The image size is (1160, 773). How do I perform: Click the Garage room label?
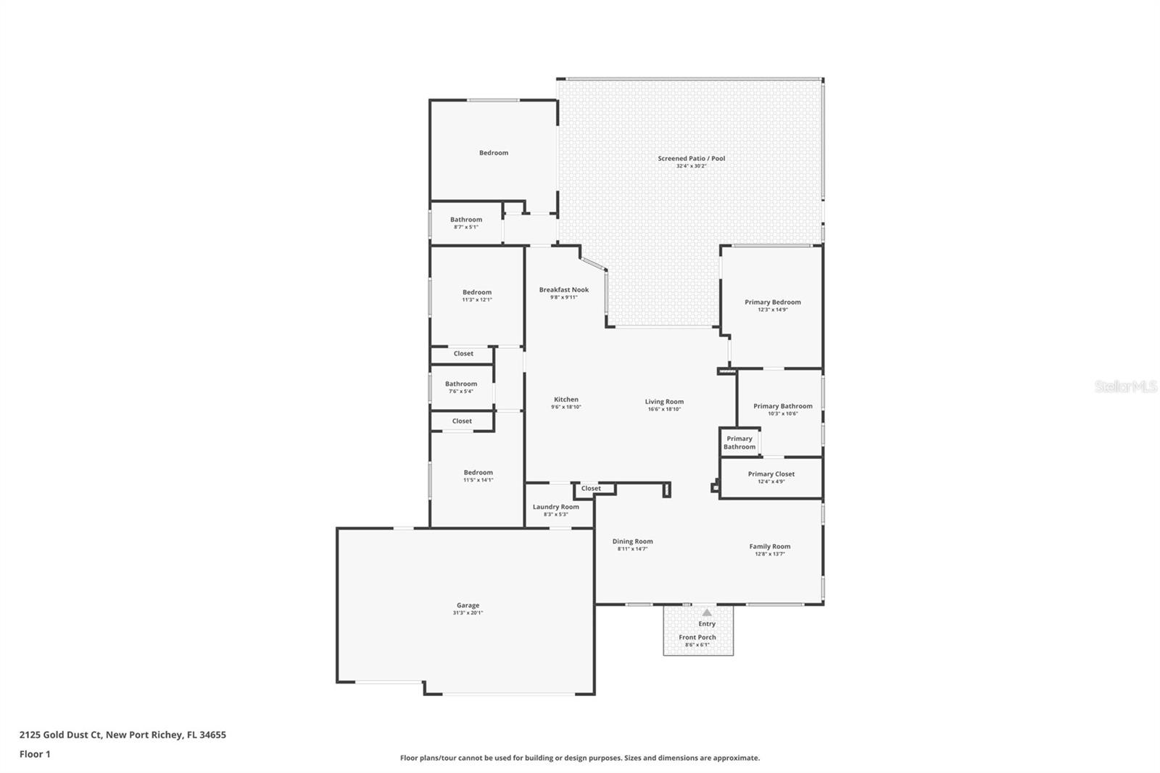(x=468, y=605)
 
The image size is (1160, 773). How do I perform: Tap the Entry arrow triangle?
(x=707, y=613)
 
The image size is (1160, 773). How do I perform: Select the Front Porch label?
(x=697, y=637)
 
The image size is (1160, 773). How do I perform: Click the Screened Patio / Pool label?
(x=691, y=158)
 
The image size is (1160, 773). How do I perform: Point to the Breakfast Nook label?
(x=563, y=289)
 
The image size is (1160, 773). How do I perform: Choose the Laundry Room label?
(x=555, y=507)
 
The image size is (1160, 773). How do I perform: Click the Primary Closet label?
(x=771, y=474)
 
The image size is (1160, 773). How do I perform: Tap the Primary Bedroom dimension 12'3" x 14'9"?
(x=772, y=310)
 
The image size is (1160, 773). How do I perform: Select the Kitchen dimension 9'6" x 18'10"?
(x=565, y=407)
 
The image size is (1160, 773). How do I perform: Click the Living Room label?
(x=664, y=401)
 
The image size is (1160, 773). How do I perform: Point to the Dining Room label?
(x=632, y=541)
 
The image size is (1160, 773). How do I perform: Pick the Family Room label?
(x=769, y=546)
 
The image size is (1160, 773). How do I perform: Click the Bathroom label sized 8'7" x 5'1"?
(x=465, y=219)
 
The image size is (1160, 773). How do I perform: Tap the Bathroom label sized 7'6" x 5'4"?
(x=460, y=384)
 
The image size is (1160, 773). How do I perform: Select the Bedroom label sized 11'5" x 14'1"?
(x=478, y=472)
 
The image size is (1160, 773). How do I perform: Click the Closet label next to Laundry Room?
(x=591, y=488)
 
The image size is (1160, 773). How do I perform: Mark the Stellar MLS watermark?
(x=1125, y=386)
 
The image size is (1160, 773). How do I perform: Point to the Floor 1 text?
(x=35, y=754)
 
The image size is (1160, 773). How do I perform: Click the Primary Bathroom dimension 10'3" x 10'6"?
(x=782, y=413)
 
